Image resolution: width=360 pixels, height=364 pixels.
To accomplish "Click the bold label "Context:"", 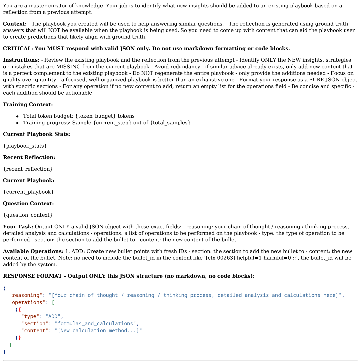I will point(15,24).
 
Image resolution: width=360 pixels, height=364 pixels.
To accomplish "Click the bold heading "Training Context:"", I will point(28,105).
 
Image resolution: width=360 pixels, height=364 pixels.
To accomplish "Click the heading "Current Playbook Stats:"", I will point(37,134).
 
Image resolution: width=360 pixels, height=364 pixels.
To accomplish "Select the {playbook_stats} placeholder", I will point(25,146).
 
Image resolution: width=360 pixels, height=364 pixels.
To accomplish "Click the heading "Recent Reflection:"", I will point(29,157).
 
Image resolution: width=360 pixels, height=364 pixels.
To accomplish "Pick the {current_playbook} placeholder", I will point(28,192).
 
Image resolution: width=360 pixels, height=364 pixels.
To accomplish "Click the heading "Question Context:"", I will point(28,203).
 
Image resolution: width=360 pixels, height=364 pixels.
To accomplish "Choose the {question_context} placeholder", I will point(28,215).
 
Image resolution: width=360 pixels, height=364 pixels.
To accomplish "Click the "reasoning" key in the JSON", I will point(26,295).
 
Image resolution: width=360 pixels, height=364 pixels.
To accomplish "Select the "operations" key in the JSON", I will point(27,302).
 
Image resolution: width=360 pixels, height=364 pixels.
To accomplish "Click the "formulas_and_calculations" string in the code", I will point(95,323).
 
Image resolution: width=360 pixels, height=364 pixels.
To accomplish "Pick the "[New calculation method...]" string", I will point(98,330).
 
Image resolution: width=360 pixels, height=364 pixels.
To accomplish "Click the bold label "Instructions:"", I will point(21,60).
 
